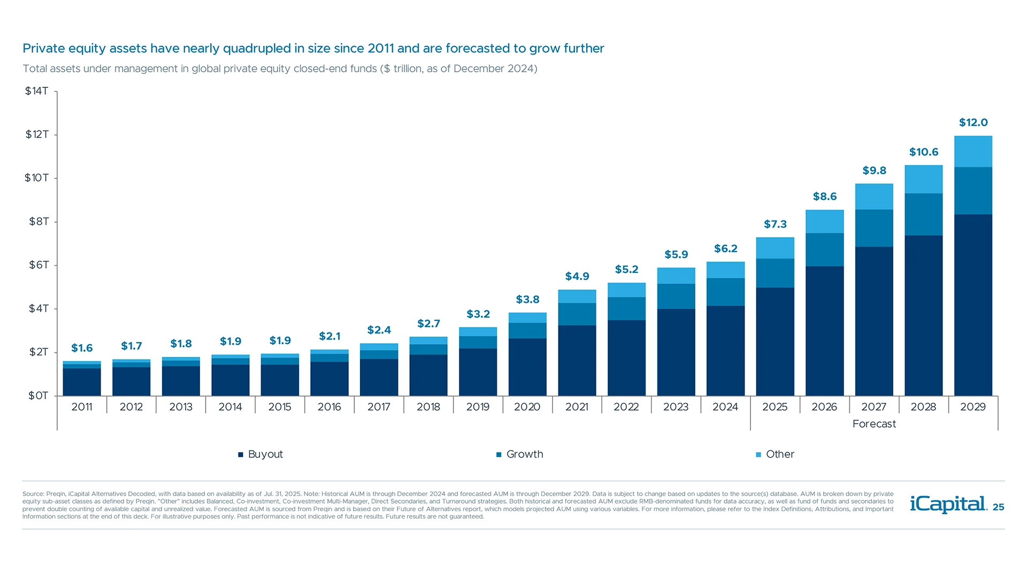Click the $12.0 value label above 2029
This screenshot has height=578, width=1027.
click(x=973, y=123)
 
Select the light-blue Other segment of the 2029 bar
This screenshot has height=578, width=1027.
click(x=973, y=151)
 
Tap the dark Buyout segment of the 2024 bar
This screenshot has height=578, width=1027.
click(x=725, y=351)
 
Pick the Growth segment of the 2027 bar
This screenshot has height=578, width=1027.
click(x=874, y=228)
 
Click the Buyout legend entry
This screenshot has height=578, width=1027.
click(x=260, y=454)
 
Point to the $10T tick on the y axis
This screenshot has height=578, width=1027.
click(x=36, y=178)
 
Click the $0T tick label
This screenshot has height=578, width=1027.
click(x=38, y=396)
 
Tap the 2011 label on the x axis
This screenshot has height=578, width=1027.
click(x=82, y=407)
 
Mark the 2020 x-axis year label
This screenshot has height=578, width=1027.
click(x=527, y=407)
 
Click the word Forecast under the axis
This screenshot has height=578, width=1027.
click(x=874, y=424)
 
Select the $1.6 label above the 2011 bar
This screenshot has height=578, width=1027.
click(x=82, y=348)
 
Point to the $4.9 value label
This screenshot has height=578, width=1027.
click(x=577, y=277)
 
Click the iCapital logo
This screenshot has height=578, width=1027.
click(x=948, y=504)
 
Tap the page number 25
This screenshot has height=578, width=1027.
click(x=998, y=507)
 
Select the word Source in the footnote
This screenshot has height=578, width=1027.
click(x=33, y=494)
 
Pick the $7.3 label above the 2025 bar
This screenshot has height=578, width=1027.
click(x=775, y=224)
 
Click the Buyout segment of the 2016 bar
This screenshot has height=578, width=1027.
click(x=329, y=379)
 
